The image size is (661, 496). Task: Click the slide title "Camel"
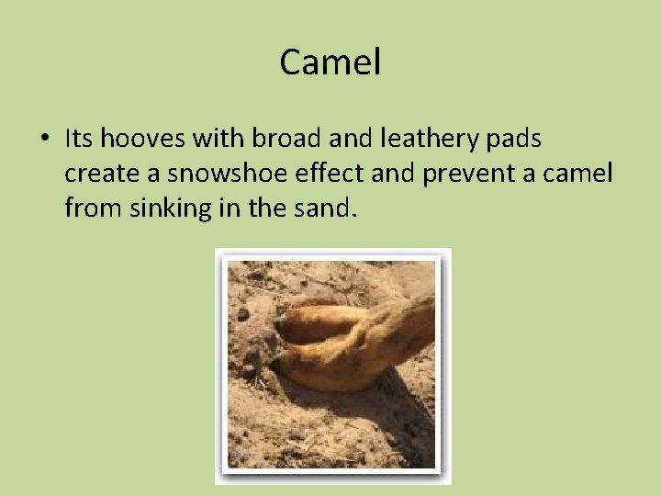(330, 63)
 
